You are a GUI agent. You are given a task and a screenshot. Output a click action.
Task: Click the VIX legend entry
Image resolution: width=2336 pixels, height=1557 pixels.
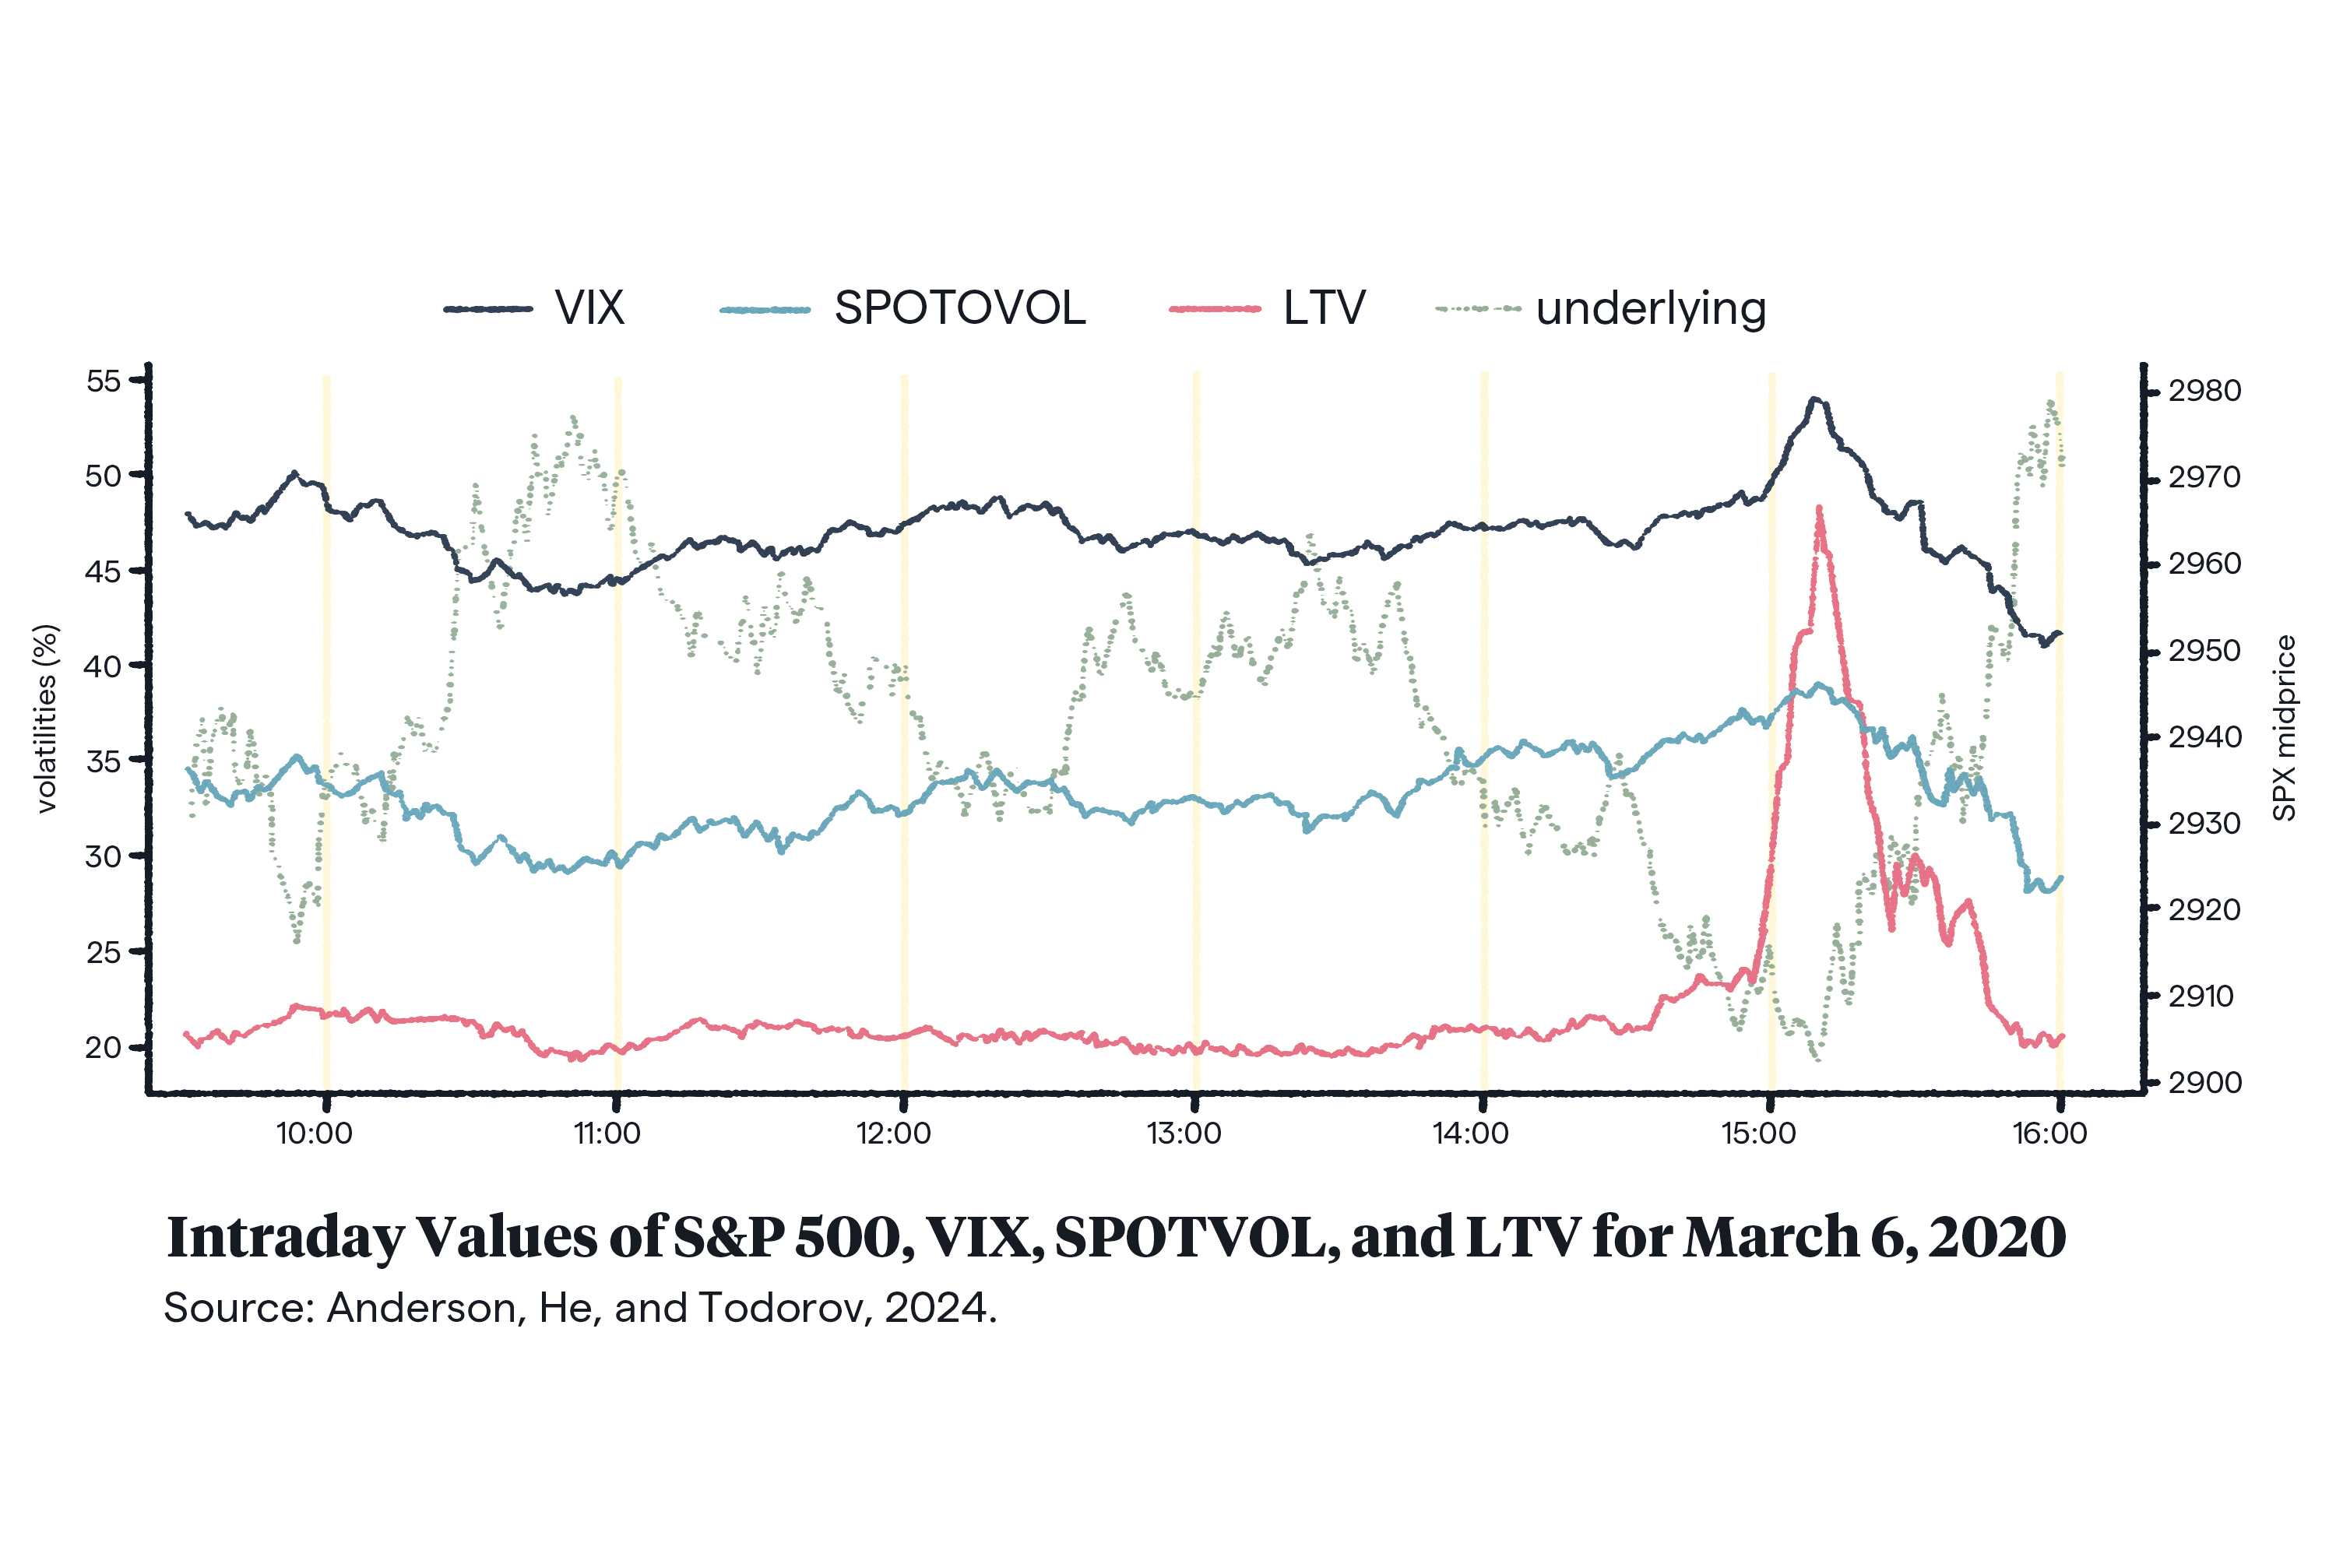click(589, 309)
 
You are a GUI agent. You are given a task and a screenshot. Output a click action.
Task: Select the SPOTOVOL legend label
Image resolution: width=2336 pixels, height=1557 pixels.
click(959, 309)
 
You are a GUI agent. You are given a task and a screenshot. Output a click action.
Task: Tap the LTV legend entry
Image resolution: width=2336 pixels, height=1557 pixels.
click(1324, 309)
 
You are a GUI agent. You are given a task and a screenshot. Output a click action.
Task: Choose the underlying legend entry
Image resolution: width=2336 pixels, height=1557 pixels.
click(1651, 310)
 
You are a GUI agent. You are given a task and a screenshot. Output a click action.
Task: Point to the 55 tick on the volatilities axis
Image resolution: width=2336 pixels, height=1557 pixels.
click(104, 381)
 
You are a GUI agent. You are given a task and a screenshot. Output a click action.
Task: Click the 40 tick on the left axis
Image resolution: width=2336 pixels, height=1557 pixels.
click(104, 666)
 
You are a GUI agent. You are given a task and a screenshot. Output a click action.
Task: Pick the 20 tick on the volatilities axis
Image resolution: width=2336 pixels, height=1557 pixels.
click(104, 1048)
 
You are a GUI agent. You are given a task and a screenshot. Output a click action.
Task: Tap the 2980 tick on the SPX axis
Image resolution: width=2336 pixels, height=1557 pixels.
click(2204, 392)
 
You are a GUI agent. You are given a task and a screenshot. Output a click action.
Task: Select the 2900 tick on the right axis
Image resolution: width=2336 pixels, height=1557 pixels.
click(2204, 1082)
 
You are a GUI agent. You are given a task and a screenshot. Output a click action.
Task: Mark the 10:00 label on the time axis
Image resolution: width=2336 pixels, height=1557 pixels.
click(314, 1133)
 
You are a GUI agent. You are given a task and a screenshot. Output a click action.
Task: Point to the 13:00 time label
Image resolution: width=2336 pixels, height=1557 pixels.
click(1184, 1133)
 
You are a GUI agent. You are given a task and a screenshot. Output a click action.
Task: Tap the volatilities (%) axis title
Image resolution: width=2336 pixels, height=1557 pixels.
click(47, 718)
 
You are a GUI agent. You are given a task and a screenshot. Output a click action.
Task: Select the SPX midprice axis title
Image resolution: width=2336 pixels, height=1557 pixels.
click(2285, 728)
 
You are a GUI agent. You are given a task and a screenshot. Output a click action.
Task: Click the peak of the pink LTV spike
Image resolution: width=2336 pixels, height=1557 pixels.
click(1818, 508)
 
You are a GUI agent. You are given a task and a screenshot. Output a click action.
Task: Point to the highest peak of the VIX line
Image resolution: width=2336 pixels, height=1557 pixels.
click(1814, 399)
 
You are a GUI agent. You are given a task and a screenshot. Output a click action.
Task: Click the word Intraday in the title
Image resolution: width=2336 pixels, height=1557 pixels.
click(286, 1237)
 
